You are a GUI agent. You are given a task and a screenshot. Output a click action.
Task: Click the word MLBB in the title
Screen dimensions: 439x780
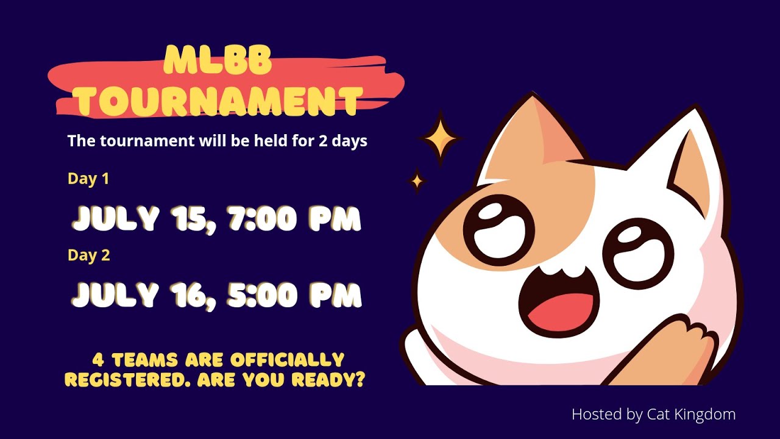click(218, 61)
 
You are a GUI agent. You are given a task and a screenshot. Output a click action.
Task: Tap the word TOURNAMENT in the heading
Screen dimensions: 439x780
click(221, 101)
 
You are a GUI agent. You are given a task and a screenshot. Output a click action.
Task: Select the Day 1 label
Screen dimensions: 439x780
click(88, 179)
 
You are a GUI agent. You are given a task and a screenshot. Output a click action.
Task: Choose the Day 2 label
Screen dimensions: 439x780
click(89, 255)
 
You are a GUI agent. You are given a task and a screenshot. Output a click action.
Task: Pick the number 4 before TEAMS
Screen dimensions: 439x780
click(96, 359)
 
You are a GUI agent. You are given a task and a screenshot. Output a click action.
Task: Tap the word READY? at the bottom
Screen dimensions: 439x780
click(328, 379)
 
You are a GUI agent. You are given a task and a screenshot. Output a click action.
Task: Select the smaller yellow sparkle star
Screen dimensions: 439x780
click(417, 180)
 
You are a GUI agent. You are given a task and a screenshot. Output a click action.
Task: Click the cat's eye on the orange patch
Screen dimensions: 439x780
click(498, 230)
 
